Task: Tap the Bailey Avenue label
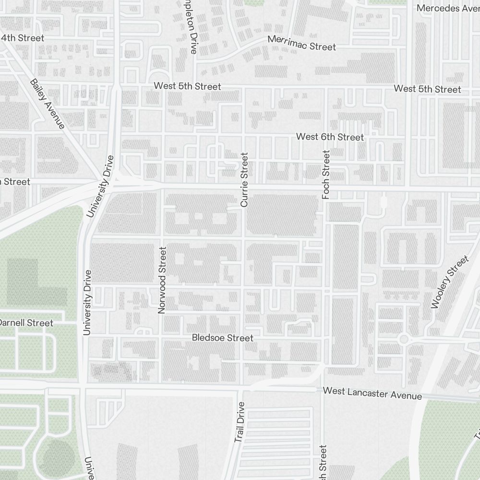47,104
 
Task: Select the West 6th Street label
330,137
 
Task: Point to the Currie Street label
244,180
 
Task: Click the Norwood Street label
162,280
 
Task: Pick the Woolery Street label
449,282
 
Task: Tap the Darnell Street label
26,323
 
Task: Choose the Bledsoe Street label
222,338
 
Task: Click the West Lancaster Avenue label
372,393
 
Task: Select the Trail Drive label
240,422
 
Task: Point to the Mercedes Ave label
447,8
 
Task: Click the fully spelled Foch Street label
326,175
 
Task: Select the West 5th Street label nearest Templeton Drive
187,86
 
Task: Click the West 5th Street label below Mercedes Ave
427,89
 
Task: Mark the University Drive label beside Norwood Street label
87,302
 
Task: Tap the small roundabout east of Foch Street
403,339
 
